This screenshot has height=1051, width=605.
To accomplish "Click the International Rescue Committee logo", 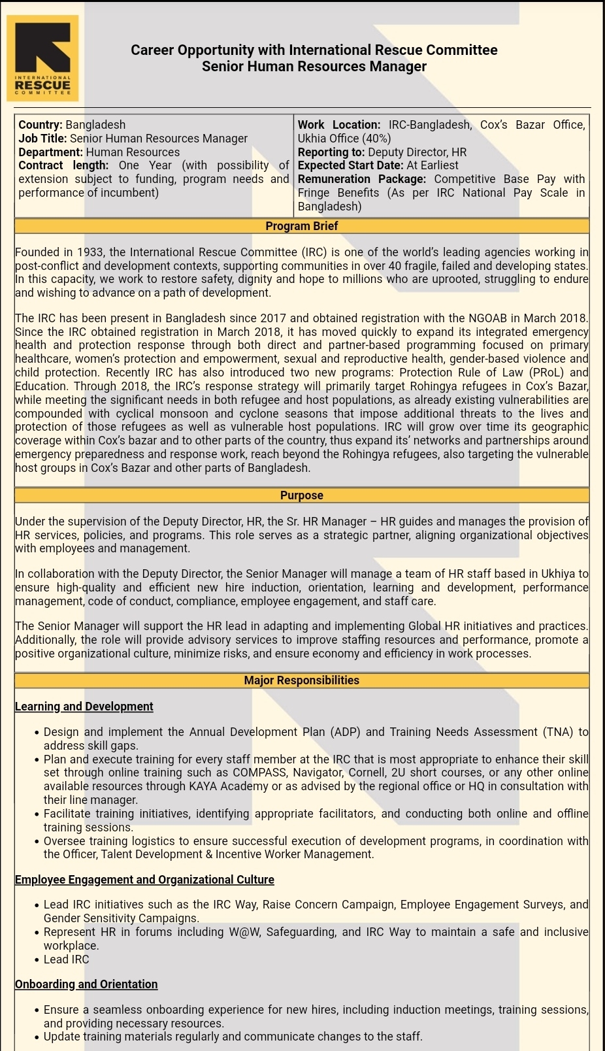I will (x=42, y=59).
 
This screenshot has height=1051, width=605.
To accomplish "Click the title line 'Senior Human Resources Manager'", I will (x=314, y=67).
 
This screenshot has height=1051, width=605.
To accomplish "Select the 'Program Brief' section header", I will (x=301, y=226).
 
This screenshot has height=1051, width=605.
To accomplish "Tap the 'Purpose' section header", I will (x=301, y=495).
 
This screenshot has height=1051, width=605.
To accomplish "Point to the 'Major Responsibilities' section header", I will (x=301, y=680).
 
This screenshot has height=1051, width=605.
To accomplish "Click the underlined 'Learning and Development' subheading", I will (x=84, y=707).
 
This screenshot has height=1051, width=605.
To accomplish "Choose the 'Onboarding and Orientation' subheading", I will (x=86, y=984).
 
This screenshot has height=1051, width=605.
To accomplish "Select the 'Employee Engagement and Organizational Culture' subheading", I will (x=144, y=880).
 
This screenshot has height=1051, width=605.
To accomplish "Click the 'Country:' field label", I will (x=41, y=125).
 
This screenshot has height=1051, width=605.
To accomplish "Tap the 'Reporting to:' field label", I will (x=331, y=152).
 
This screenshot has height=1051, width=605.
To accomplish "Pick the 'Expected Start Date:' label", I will (x=350, y=166).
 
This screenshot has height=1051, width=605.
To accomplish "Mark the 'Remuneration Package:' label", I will (x=362, y=179).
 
